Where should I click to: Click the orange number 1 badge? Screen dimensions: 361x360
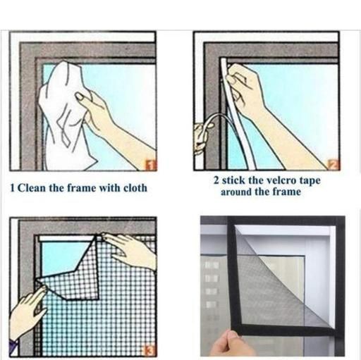(151, 166)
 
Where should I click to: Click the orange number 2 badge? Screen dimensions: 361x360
(334, 165)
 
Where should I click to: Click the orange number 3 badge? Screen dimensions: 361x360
(150, 351)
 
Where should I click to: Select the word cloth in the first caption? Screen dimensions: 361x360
(135, 188)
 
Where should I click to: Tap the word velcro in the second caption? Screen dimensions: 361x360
(279, 180)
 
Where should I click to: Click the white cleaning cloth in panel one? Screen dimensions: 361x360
(66, 113)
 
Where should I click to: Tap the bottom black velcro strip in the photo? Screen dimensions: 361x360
(282, 328)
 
